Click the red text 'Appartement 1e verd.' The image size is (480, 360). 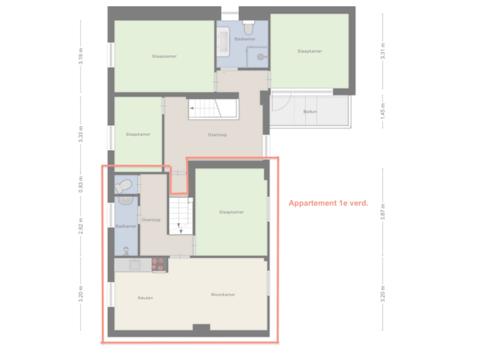pos(328,203)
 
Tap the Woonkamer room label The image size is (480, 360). pos(223,294)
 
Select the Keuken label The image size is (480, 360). pos(145,297)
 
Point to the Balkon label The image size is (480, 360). pos(310,111)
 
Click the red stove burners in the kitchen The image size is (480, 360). pos(159,265)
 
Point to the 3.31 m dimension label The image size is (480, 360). pos(383,53)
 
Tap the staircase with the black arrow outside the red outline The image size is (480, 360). pos(213,109)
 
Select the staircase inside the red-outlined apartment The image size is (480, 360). pos(179,217)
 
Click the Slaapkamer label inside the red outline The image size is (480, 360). pos(231,212)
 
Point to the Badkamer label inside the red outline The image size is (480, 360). pos(126,227)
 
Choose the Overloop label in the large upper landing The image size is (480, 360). pos(217,135)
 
